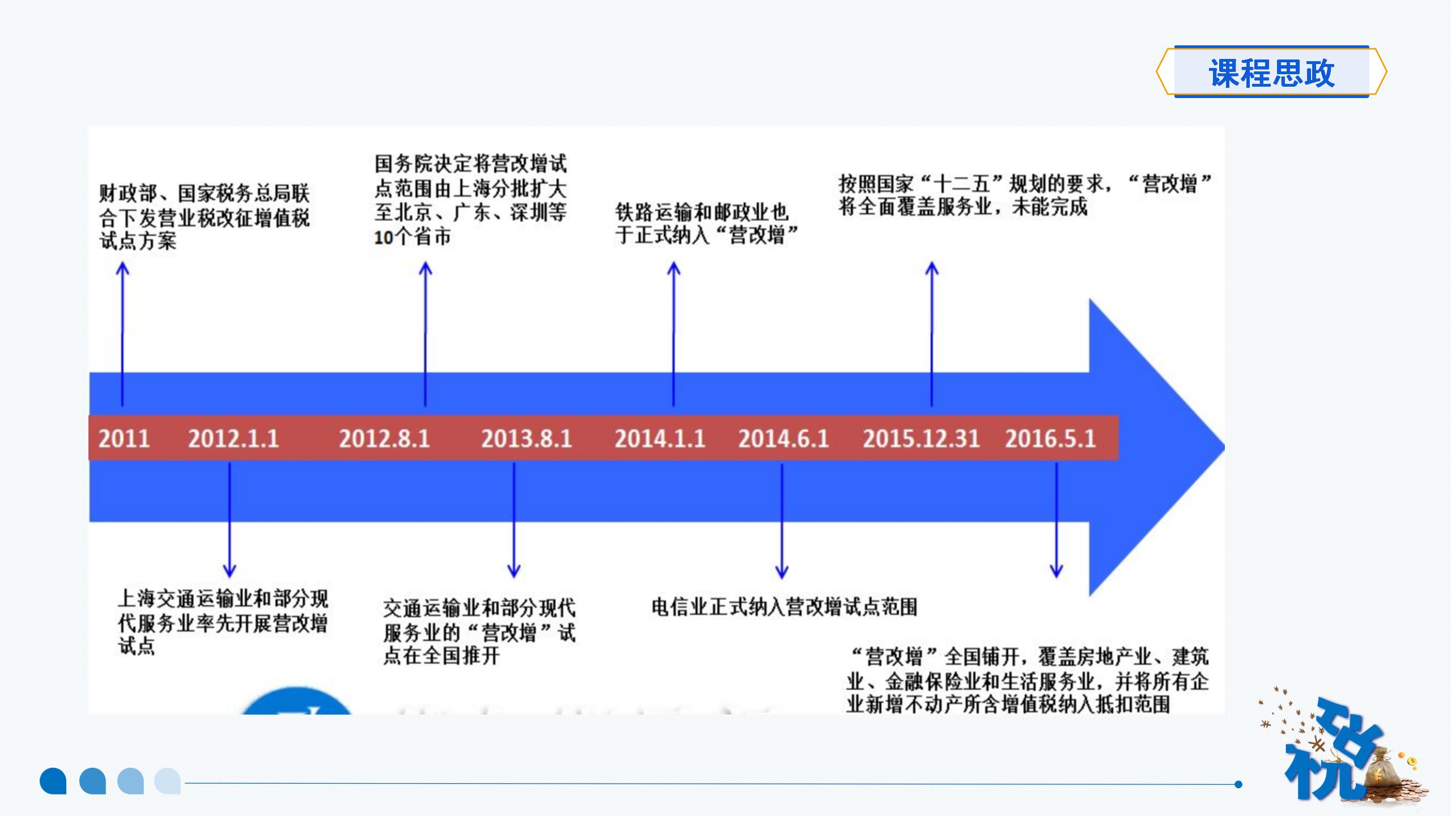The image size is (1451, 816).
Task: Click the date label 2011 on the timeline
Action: click(124, 439)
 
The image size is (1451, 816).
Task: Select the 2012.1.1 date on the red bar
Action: click(234, 439)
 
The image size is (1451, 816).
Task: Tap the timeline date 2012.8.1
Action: click(384, 439)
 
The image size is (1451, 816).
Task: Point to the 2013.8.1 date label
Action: click(527, 439)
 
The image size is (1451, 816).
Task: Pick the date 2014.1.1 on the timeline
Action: click(660, 439)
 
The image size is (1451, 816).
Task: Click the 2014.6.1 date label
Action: click(783, 439)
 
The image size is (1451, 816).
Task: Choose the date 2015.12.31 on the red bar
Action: click(921, 439)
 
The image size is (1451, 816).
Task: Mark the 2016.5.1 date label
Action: click(1050, 439)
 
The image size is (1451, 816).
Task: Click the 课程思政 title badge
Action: click(1271, 73)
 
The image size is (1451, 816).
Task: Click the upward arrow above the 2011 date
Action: click(122, 334)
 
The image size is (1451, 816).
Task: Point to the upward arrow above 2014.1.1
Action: click(673, 334)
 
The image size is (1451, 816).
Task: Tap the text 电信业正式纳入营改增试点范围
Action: click(784, 607)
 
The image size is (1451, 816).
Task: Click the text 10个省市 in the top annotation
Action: click(412, 237)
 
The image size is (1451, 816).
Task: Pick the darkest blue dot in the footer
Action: click(53, 781)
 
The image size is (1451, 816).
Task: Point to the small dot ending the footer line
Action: click(1238, 784)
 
